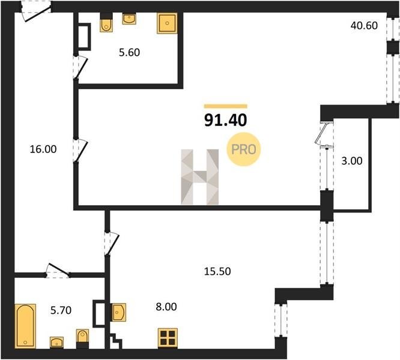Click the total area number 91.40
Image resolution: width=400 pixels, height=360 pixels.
point(225,120)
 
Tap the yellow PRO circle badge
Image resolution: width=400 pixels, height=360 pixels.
point(243,149)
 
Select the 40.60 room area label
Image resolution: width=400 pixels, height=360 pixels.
point(364,25)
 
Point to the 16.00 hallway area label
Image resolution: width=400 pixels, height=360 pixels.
point(43,149)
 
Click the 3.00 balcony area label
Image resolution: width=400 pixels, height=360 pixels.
point(352,161)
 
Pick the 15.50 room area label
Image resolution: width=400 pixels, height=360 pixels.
point(217,271)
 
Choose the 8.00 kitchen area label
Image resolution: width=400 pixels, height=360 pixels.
point(166,307)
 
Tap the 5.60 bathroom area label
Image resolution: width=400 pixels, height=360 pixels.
point(129,52)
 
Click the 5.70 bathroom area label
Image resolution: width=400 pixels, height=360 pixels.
point(61,310)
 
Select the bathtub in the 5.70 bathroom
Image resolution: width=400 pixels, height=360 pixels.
point(25,326)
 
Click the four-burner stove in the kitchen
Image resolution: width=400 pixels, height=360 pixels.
point(168,338)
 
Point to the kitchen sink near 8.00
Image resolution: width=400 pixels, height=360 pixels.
point(119,312)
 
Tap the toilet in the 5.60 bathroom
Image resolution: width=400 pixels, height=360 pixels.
point(106,22)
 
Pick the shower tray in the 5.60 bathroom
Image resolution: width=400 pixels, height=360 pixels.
point(167,23)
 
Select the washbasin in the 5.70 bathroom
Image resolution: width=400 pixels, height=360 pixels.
point(56,342)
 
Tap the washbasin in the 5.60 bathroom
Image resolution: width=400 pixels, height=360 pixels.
point(129,19)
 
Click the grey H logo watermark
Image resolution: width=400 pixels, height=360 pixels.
point(200,177)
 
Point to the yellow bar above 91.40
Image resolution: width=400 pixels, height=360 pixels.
point(225,106)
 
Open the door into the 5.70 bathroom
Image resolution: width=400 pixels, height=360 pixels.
point(58,271)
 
